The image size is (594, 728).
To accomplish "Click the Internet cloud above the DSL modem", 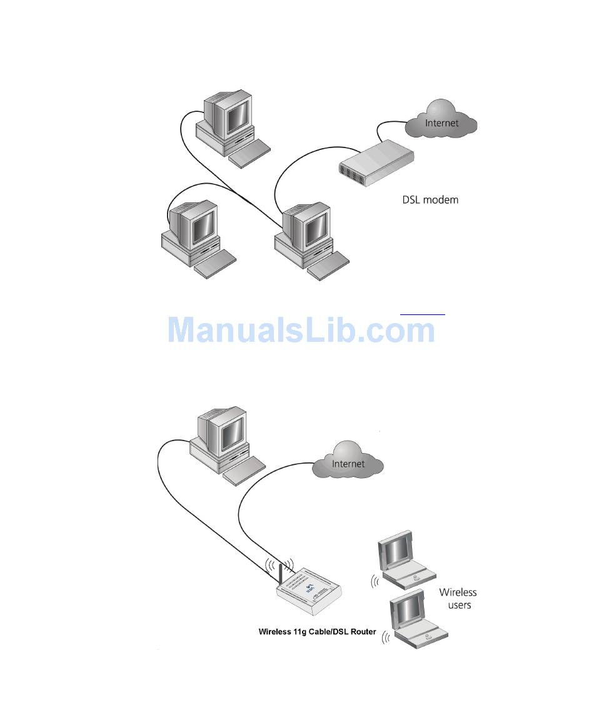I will coord(441,122).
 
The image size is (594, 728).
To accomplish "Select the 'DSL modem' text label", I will coord(430,201).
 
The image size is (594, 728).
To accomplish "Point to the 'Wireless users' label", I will coord(458,598).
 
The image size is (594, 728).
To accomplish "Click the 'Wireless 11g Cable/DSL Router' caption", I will coord(318,632).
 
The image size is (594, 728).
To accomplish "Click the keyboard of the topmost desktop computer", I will coord(249,153).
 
